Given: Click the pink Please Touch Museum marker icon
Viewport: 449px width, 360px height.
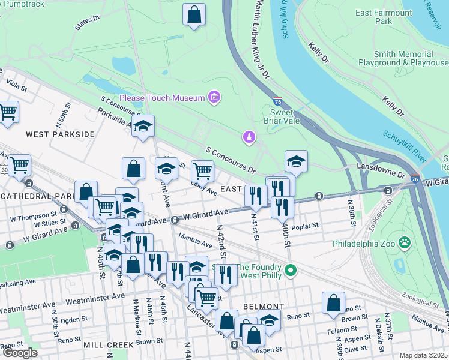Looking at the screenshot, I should click(213, 97).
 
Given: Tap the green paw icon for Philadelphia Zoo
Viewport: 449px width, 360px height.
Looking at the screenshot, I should click(405, 243).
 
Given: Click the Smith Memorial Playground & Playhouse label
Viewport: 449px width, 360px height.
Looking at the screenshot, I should click(403, 58).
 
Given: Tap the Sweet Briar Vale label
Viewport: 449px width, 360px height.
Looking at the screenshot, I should click(281, 116).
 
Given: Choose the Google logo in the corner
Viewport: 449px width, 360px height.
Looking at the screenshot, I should click(20, 353).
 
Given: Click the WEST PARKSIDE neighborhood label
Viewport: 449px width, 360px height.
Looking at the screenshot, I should click(60, 134).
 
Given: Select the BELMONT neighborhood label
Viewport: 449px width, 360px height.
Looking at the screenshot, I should click(259, 306).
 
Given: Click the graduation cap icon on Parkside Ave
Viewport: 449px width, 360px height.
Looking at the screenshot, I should click(143, 126).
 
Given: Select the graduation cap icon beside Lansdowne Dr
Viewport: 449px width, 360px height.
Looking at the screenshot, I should click(295, 161).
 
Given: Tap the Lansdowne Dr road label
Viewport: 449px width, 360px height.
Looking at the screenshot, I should click(381, 170).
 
